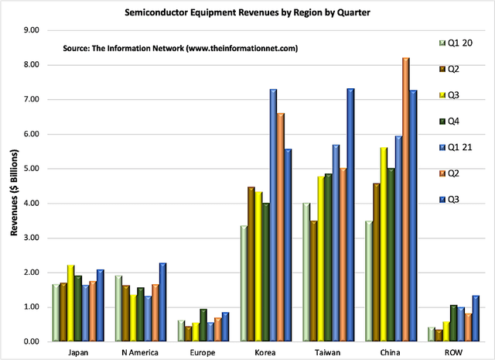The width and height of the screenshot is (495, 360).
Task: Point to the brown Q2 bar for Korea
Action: [x=251, y=264]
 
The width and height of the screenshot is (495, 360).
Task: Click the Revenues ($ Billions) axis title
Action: [x=13, y=186]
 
